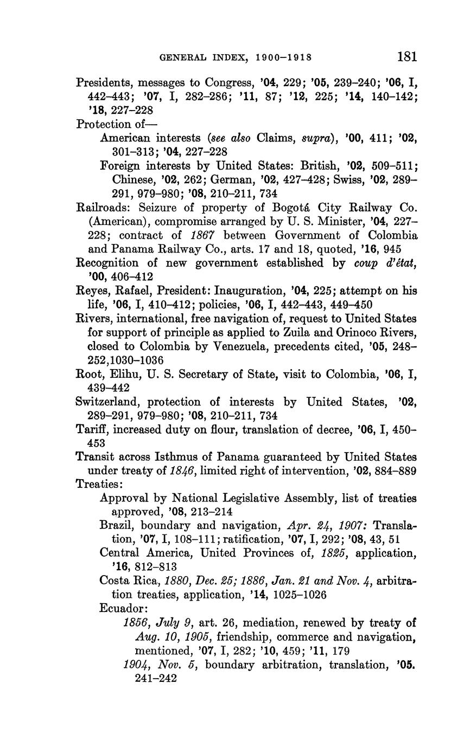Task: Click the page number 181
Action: coord(406,56)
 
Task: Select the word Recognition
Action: coord(107,263)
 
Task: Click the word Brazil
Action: coord(117,526)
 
